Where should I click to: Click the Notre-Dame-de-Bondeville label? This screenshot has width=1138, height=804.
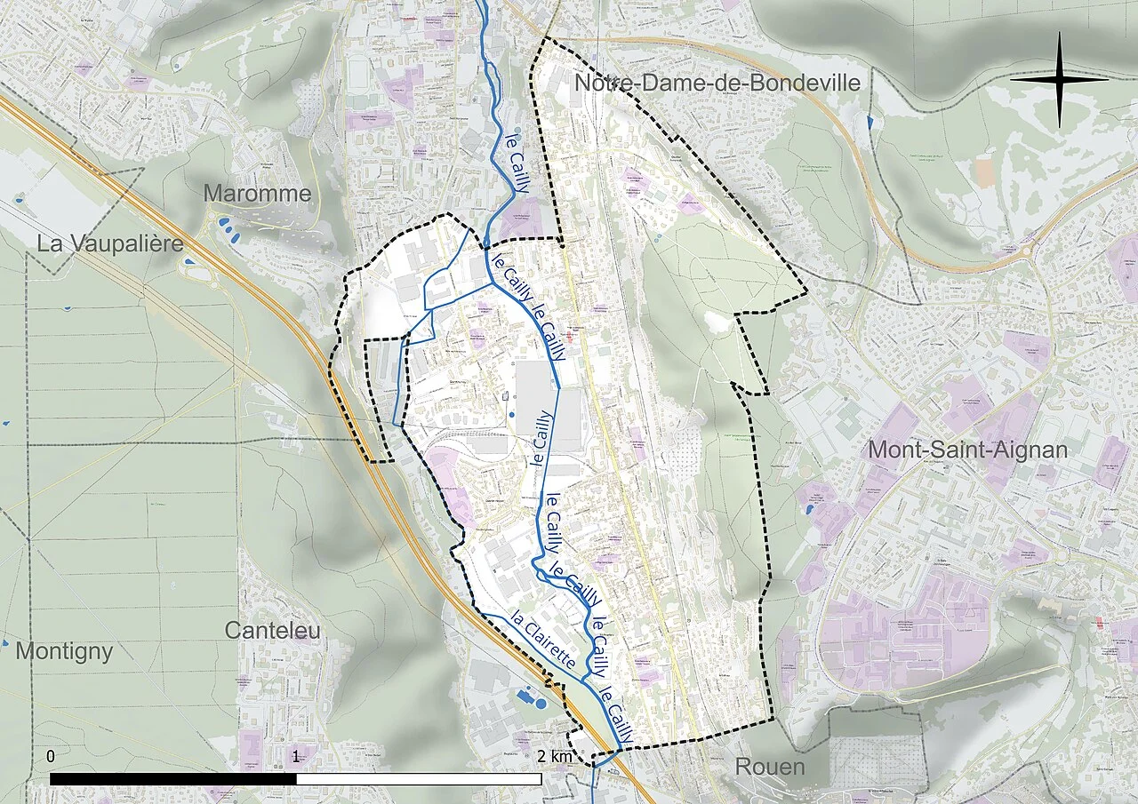717,84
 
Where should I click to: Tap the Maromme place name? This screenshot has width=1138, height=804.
258,194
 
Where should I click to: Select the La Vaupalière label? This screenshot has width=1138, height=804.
110,243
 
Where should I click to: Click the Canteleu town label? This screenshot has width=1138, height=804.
272,631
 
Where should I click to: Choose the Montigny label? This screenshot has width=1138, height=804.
64,651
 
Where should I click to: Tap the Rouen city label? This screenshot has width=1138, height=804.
769,767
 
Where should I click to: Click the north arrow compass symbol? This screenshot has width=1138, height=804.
1059,79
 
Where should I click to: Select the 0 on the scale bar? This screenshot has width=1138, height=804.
51,757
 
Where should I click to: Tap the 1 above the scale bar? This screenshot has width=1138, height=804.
296,757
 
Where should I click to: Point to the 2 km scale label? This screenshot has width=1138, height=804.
555,757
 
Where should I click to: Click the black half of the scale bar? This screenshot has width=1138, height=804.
173,779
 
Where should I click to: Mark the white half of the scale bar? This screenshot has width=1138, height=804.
419,779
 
